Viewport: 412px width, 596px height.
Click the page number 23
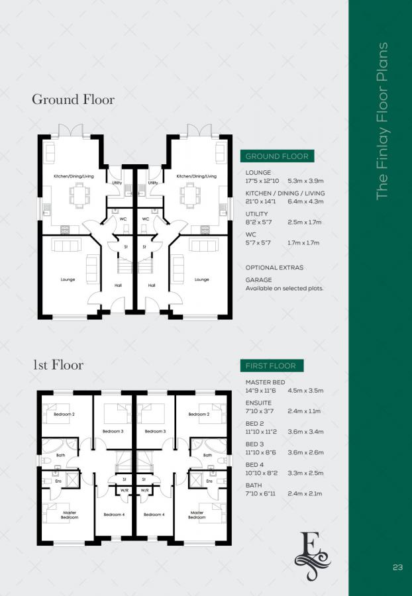(x=397, y=567)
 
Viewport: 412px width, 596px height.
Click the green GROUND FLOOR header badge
(x=277, y=156)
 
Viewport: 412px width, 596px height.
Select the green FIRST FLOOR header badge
(x=272, y=366)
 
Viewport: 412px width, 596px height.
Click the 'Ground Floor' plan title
(x=73, y=99)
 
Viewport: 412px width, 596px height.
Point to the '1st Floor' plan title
(x=58, y=364)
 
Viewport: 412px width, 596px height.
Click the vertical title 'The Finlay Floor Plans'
(x=382, y=121)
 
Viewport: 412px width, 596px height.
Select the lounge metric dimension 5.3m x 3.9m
(x=303, y=181)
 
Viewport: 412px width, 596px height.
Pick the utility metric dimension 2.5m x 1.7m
(x=303, y=223)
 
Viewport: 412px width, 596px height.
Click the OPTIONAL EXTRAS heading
(x=274, y=268)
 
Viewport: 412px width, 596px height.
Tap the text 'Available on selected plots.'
(x=284, y=289)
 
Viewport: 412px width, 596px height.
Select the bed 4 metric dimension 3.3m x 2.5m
(x=305, y=474)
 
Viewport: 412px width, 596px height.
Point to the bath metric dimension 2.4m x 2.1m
(x=305, y=494)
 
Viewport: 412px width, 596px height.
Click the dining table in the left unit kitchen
(x=79, y=195)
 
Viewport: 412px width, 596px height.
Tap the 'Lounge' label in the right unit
(x=202, y=279)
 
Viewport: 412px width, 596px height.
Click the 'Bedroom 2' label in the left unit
(x=64, y=415)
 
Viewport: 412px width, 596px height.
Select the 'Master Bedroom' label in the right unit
(x=197, y=515)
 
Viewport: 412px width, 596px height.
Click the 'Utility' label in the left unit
(x=117, y=182)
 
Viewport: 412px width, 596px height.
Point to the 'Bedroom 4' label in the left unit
(x=113, y=515)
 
